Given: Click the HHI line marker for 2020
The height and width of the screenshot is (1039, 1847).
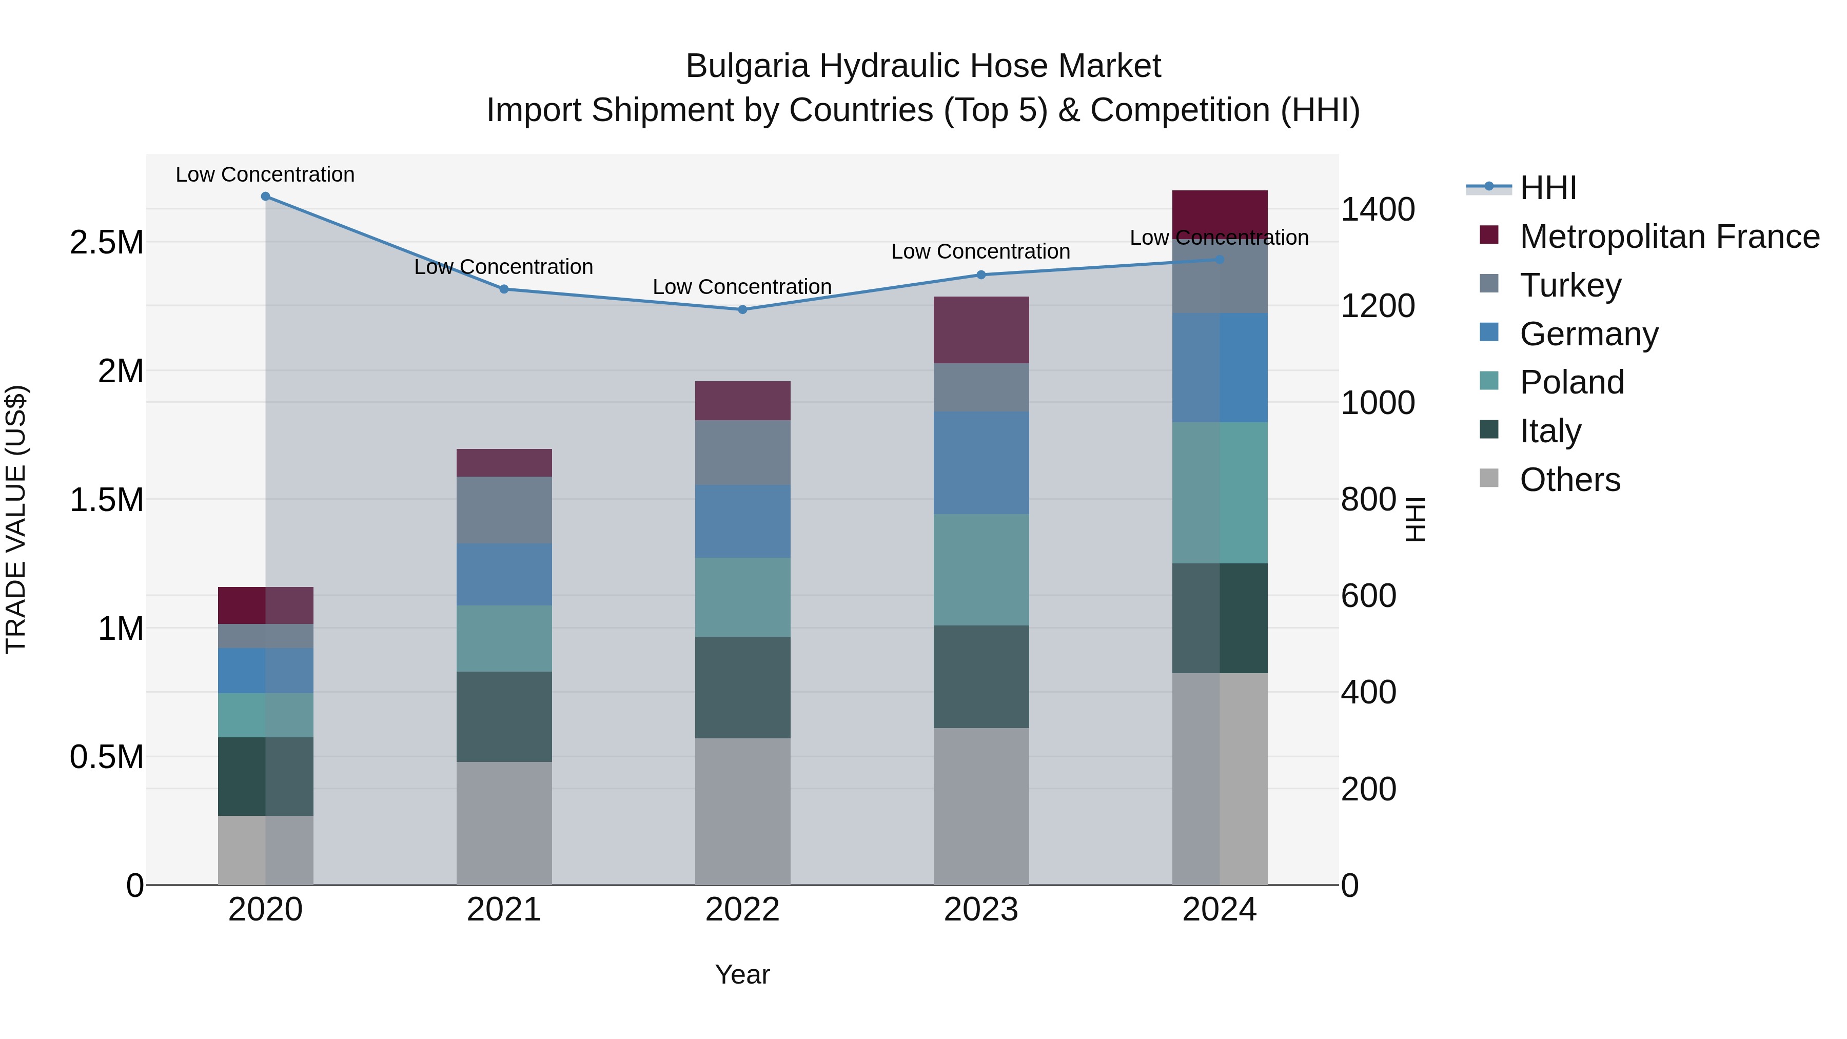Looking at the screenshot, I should tap(265, 197).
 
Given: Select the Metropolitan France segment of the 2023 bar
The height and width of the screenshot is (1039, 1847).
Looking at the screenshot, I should tap(981, 330).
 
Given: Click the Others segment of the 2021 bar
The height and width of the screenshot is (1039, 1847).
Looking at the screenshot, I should tap(504, 823).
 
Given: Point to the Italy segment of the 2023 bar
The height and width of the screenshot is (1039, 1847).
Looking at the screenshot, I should tap(981, 676).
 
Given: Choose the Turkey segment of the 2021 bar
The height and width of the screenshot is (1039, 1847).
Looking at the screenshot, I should tap(504, 510).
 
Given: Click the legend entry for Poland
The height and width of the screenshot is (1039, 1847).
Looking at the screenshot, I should tap(1571, 382).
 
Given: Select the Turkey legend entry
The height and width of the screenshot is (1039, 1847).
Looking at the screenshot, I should tap(1570, 285).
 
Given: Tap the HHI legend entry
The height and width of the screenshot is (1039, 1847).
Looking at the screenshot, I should tap(1547, 188).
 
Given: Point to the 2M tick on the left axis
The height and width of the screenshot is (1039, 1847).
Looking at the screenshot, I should tap(121, 371).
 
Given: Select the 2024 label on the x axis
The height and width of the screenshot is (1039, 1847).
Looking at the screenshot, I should tap(1219, 910).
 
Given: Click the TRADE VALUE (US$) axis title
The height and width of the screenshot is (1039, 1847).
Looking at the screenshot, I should tap(16, 519).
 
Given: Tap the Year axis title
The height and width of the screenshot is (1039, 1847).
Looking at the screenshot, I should tap(742, 974).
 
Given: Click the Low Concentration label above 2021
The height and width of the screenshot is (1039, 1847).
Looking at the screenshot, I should tap(503, 267).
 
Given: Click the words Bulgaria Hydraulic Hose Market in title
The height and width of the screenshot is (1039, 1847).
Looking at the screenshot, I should tap(923, 66).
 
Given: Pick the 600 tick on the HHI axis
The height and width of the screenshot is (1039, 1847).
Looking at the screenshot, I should tap(1368, 596).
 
